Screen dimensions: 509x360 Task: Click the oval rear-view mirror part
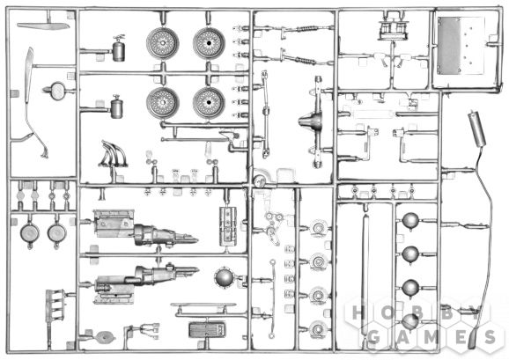58,92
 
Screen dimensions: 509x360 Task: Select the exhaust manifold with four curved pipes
114,154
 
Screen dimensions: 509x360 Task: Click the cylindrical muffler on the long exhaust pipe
476,128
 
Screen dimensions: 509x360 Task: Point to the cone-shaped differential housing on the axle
311,121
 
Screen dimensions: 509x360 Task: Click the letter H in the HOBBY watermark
357,313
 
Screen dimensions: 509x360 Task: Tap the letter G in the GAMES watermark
374,337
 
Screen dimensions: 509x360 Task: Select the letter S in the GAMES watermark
490,337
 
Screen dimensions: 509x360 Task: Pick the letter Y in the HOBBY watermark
475,313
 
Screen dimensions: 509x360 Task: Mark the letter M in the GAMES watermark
432,337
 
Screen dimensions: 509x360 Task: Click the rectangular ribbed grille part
207,330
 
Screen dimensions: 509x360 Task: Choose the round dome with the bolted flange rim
224,277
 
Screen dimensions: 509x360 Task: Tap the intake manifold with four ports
54,305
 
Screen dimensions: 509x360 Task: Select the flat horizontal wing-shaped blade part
43,26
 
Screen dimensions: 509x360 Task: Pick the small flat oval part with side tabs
105,337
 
